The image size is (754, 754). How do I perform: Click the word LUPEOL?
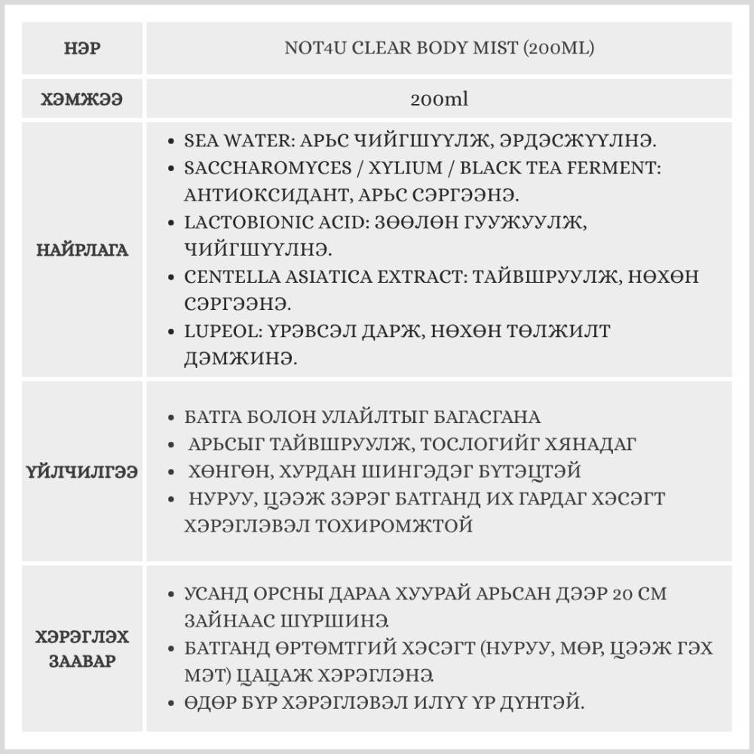(216, 331)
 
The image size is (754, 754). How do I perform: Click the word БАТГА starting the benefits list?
(210, 417)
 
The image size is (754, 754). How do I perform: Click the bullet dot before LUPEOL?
(172, 332)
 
